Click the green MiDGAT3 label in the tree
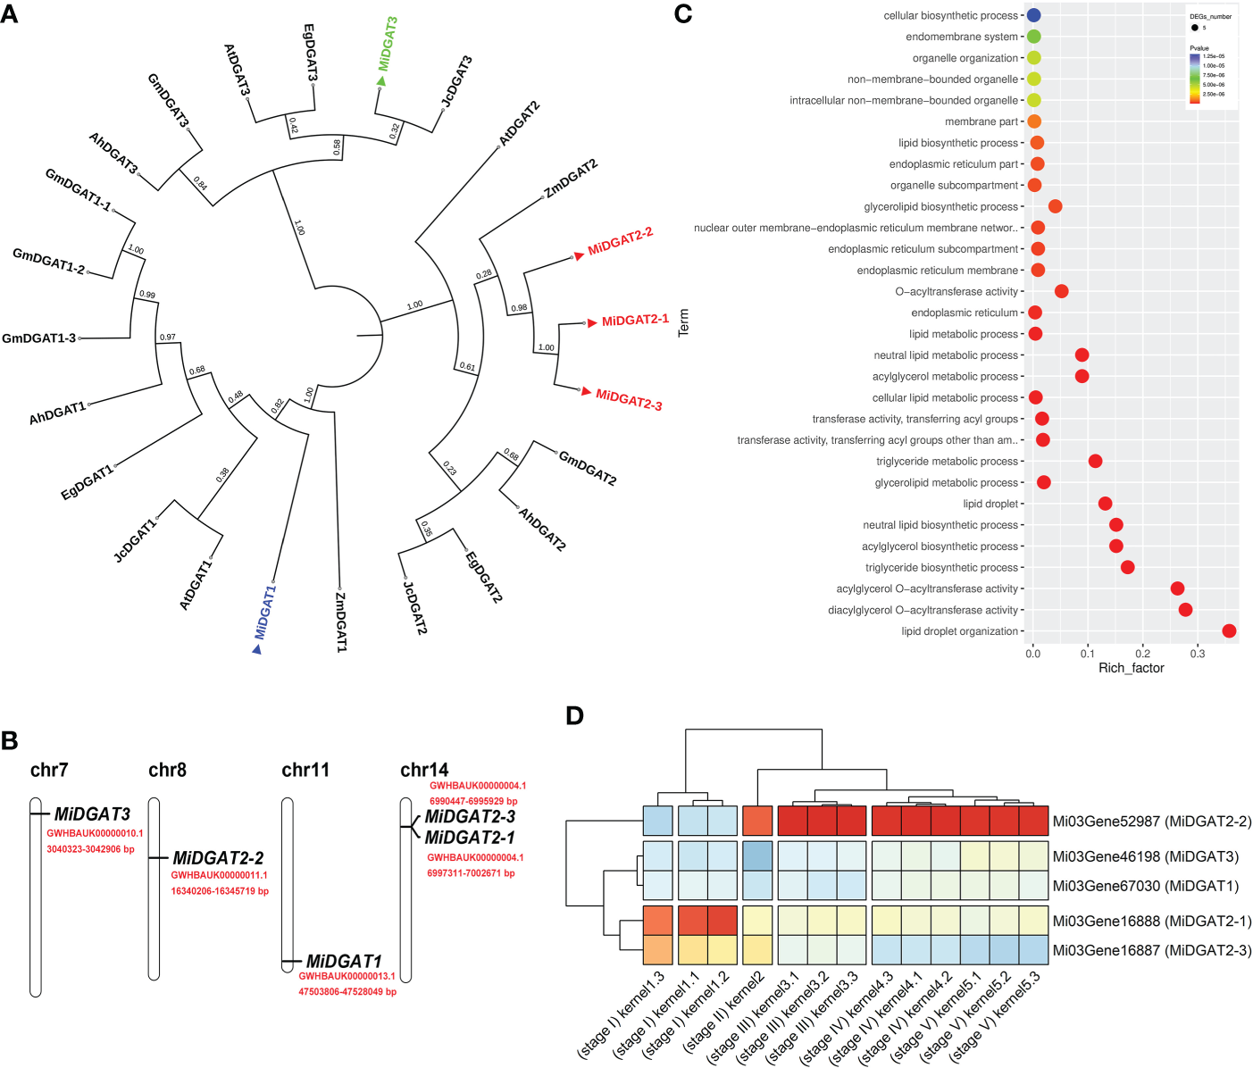pyautogui.click(x=388, y=44)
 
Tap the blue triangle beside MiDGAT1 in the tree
pyautogui.click(x=257, y=649)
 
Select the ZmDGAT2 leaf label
pyautogui.click(x=571, y=179)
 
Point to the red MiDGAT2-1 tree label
pyautogui.click(x=635, y=320)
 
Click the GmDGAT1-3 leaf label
pyautogui.click(x=38, y=338)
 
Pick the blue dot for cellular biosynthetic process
pyautogui.click(x=1033, y=15)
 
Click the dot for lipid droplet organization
pyautogui.click(x=1229, y=631)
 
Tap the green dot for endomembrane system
pyautogui.click(x=1033, y=37)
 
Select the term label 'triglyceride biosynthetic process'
pyautogui.click(x=941, y=568)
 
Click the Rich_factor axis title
pyautogui.click(x=1131, y=668)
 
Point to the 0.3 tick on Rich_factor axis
pyautogui.click(x=1198, y=654)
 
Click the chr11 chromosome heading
pyautogui.click(x=305, y=770)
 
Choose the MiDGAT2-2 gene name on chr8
pyautogui.click(x=218, y=858)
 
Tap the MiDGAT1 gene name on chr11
pyautogui.click(x=344, y=961)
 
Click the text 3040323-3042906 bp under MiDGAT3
pyautogui.click(x=90, y=849)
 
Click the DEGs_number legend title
pyautogui.click(x=1210, y=16)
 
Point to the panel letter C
pyautogui.click(x=683, y=13)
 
